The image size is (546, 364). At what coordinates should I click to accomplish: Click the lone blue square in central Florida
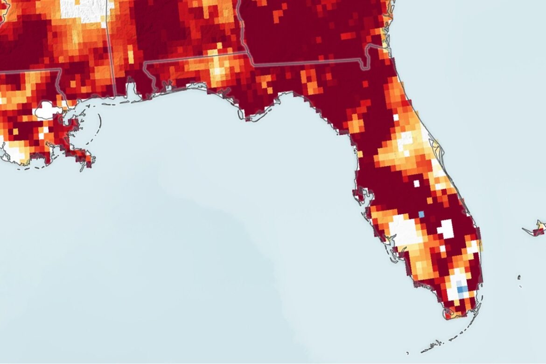click(x=421, y=214)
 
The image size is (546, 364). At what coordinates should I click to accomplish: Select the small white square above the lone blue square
click(x=416, y=183)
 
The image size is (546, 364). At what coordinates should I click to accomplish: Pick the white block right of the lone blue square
click(x=445, y=229)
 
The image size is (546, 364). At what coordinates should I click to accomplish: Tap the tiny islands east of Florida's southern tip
click(x=519, y=280)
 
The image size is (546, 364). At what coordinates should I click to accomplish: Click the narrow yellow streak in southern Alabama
click(x=130, y=54)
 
